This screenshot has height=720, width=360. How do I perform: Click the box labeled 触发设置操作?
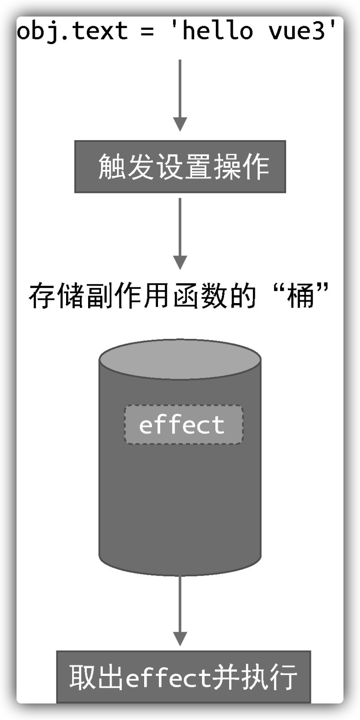click(180, 167)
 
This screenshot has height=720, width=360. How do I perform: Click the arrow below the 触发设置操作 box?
click(180, 234)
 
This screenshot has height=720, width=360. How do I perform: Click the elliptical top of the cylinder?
click(180, 359)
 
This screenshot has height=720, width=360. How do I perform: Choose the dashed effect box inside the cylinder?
click(183, 425)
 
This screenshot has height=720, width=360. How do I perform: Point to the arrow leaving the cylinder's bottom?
click(180, 611)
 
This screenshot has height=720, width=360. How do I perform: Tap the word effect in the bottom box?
click(168, 677)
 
